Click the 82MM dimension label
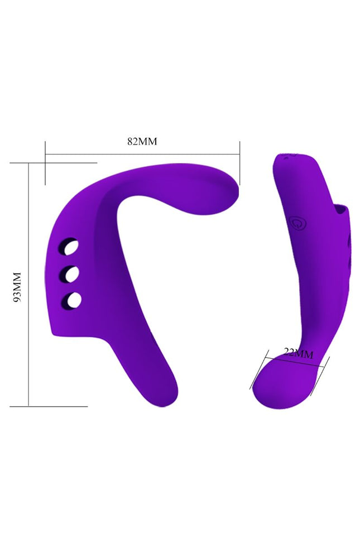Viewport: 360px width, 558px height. [x=142, y=141]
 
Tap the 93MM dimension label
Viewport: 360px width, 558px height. [x=17, y=287]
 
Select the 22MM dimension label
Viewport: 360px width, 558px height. [x=299, y=353]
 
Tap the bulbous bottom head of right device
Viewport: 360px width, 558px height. [x=282, y=383]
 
